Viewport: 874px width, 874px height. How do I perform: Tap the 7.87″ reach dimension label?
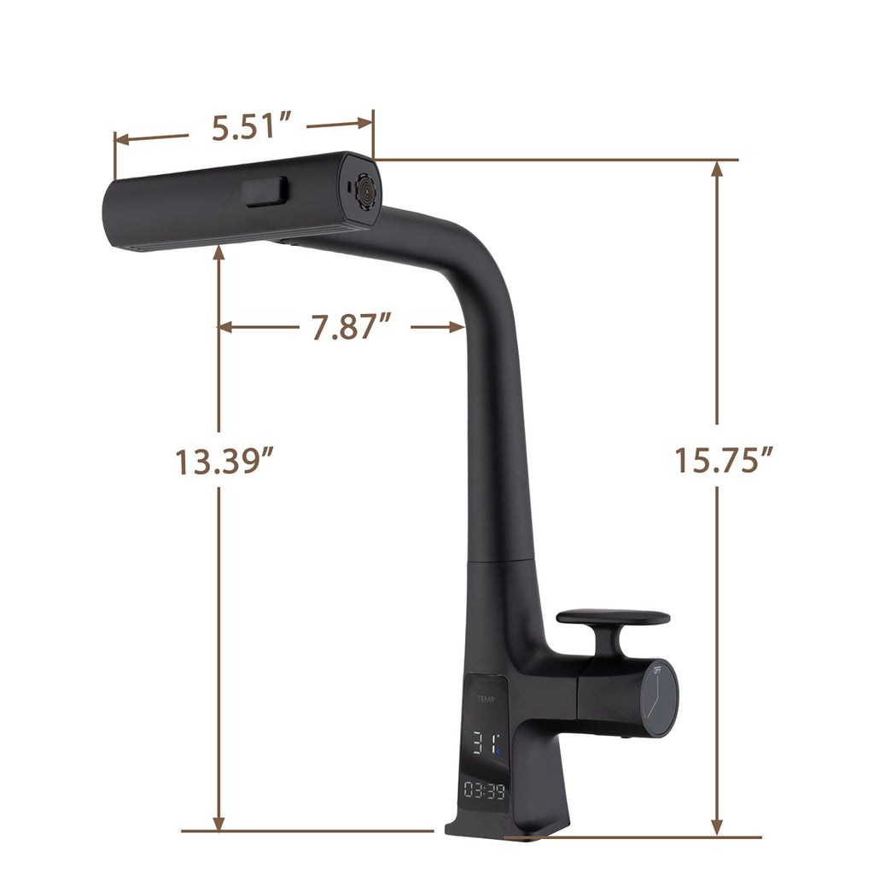coord(351,326)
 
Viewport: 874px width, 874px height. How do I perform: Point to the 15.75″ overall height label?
coord(724,461)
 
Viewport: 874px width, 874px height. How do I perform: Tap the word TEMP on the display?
coord(486,698)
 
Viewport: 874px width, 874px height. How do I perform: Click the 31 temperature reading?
coord(484,743)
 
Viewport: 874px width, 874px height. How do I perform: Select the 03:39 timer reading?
coord(485,791)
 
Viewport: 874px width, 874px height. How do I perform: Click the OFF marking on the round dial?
coord(657,671)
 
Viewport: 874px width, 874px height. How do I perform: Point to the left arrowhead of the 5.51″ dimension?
coord(120,138)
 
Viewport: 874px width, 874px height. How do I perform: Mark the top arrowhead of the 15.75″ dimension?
coord(717,167)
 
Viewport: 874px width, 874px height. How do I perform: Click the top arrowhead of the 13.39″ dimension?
coord(220,251)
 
